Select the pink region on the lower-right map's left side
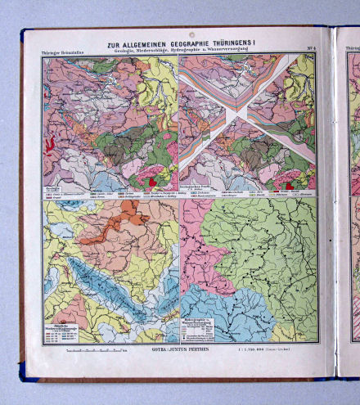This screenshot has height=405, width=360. coord(192,237)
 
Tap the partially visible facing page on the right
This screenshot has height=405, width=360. coord(349,205)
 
